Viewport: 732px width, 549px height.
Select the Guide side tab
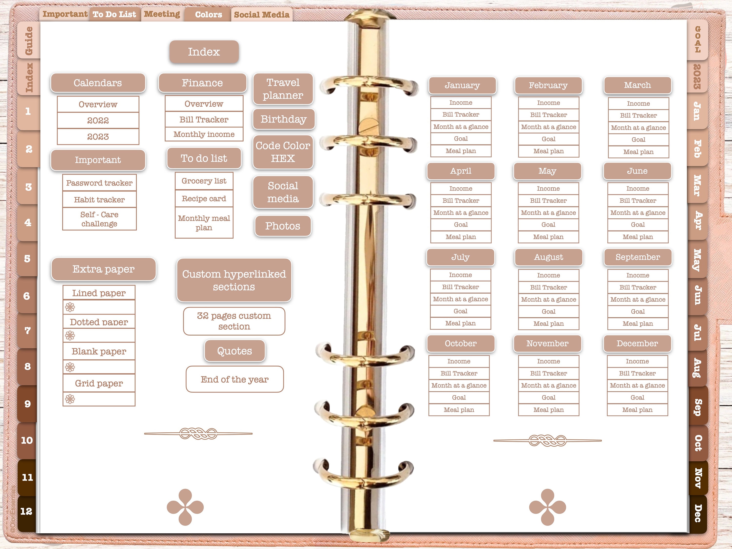pos(29,40)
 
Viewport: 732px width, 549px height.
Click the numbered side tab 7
pos(28,330)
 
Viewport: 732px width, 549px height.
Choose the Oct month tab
pos(698,443)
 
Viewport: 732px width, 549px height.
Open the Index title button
pos(204,52)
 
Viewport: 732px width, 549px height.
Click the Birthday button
pos(283,119)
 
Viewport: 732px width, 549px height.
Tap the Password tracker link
pos(99,183)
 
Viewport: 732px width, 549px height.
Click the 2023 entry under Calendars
pos(98,137)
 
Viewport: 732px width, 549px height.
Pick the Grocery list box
pos(204,181)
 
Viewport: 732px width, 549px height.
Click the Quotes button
pos(235,351)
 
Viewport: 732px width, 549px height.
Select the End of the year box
pos(235,379)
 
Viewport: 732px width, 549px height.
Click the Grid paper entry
pos(99,383)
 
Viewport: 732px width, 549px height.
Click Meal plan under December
pos(637,410)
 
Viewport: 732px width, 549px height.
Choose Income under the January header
pos(461,102)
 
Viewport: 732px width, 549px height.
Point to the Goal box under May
pos(548,225)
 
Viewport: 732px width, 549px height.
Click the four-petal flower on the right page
pos(548,507)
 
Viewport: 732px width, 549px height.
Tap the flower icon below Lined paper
pos(70,307)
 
